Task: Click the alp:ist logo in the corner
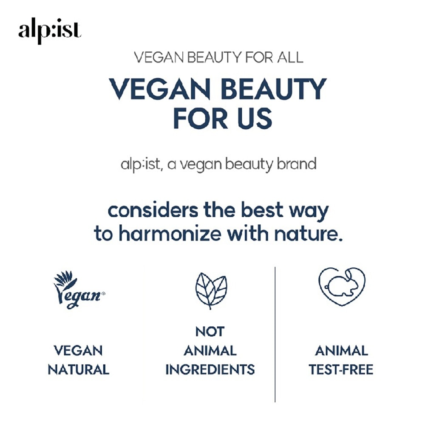[49, 32]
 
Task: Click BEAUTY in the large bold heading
[267, 89]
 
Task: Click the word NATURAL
[78, 369]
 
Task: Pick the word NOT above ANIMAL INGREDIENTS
[210, 331]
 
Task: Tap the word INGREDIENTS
[210, 369]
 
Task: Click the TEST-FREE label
[341, 369]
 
